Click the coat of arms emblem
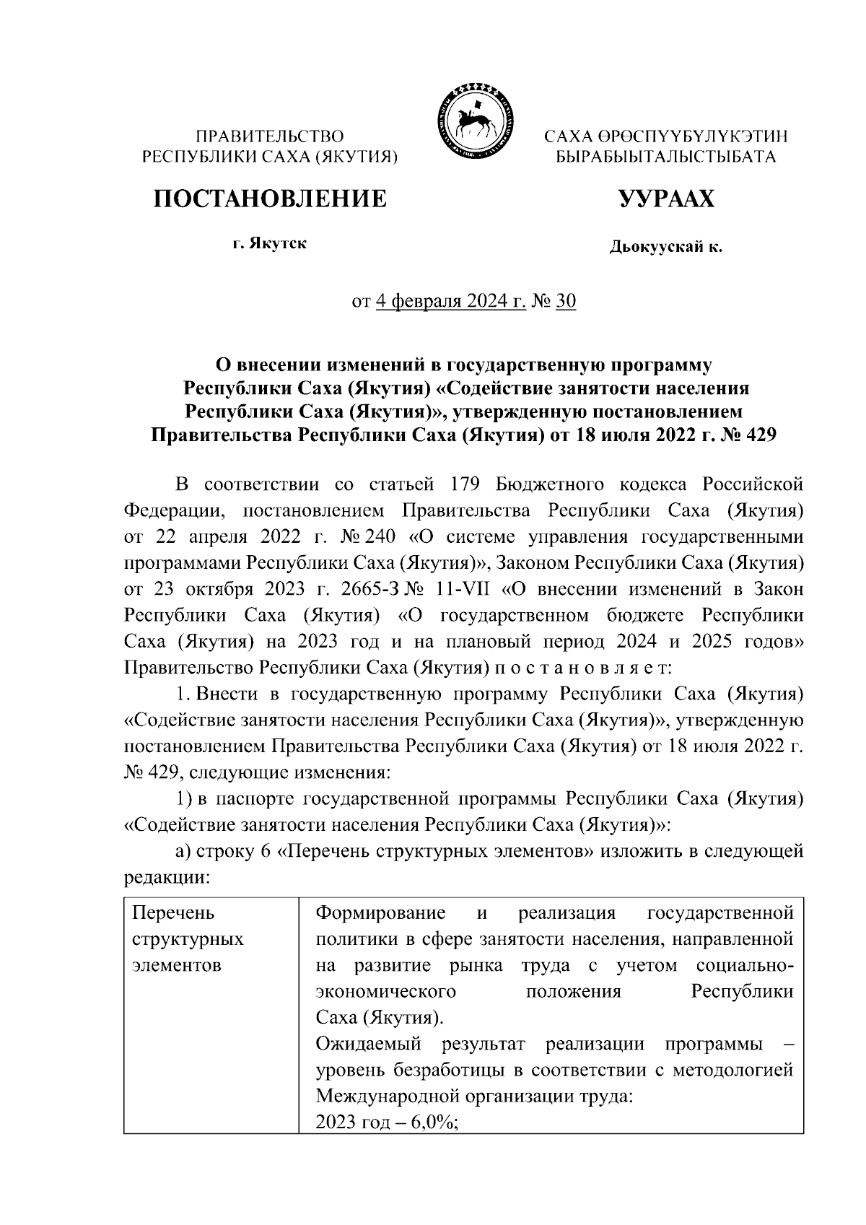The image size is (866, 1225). pos(473,120)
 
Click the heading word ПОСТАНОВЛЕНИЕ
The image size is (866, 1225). pos(269,199)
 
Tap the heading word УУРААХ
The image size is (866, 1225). pos(665,199)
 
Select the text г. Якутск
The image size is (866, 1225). pos(269,243)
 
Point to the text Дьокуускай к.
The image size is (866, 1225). pos(665,248)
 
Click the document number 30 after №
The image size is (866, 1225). pos(566,301)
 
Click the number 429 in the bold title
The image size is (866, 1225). pos(756,436)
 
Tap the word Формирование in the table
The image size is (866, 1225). pos(380,913)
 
